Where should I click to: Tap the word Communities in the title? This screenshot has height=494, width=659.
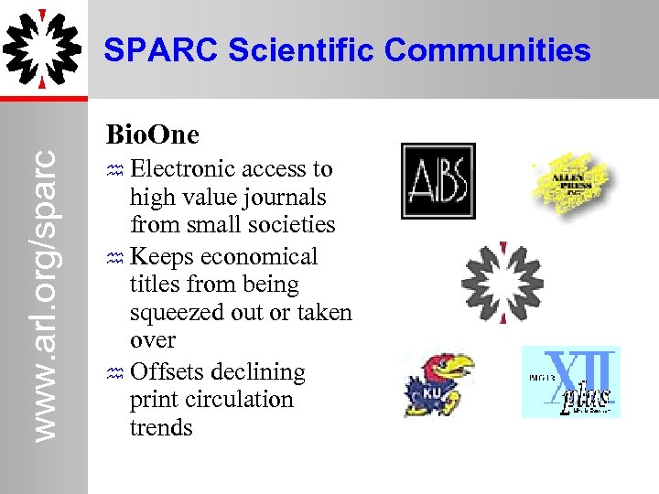coord(488,50)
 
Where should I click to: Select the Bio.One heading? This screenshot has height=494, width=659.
coord(152,134)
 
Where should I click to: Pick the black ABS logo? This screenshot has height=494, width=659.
coord(438,181)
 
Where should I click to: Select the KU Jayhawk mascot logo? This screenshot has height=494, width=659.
coord(439,383)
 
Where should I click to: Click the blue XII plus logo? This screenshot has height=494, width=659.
coord(571,381)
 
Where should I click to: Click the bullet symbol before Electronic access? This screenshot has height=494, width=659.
coord(114,170)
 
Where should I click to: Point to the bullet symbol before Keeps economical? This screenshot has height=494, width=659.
coord(114,258)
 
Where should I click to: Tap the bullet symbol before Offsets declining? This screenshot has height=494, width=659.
coord(114,373)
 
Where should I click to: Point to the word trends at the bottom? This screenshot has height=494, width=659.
coord(161,427)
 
